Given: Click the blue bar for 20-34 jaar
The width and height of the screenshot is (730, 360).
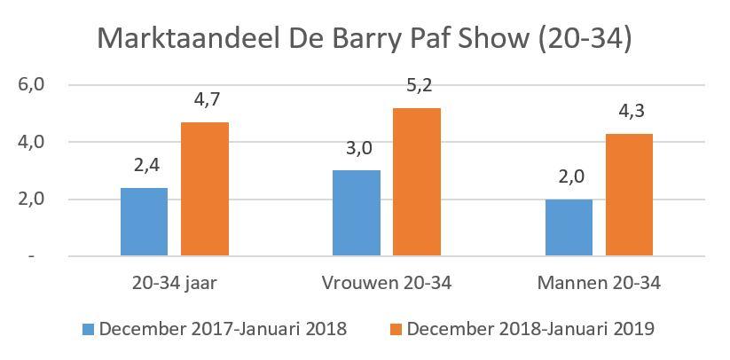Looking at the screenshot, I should click(144, 222).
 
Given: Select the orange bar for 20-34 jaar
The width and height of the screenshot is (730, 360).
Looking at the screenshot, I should click(205, 189).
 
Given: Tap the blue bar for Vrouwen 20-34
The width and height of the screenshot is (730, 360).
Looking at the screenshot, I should click(357, 213).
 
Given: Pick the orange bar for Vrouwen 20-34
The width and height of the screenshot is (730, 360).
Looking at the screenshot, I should click(417, 182).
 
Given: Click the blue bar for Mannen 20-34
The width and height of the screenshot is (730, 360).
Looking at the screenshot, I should click(569, 227).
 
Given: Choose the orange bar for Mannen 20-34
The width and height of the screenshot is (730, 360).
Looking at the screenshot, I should click(630, 195).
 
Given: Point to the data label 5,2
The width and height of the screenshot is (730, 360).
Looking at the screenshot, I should click(417, 89).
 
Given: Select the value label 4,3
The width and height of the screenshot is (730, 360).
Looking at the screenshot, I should click(630, 114).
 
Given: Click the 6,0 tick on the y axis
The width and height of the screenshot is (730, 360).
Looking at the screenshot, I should click(30, 85).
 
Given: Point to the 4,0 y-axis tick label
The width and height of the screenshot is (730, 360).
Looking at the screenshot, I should click(30, 142).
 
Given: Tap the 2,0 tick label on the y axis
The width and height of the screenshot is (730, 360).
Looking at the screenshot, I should click(30, 199).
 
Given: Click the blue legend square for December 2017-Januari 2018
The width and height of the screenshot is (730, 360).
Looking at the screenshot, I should click(88, 329).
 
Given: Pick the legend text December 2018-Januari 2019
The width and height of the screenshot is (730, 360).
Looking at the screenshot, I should click(530, 329).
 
